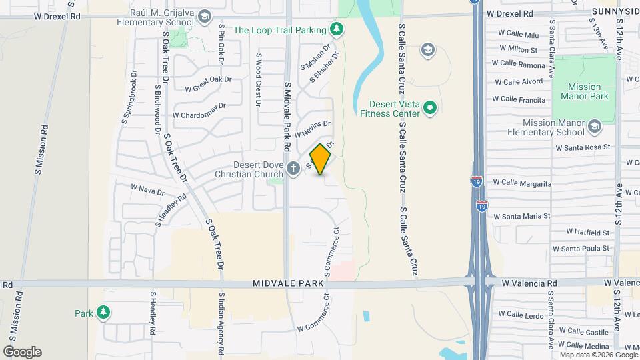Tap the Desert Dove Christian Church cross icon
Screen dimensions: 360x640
294,170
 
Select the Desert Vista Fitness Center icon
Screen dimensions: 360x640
431,107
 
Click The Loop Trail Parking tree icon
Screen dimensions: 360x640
338,29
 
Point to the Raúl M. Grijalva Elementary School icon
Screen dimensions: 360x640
204,16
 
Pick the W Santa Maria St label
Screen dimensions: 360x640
521,216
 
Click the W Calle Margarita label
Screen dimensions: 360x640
522,183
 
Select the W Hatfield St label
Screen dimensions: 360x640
588,232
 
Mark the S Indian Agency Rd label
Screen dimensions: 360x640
221,323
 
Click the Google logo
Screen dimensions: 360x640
22,352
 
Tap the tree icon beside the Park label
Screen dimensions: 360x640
103,312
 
